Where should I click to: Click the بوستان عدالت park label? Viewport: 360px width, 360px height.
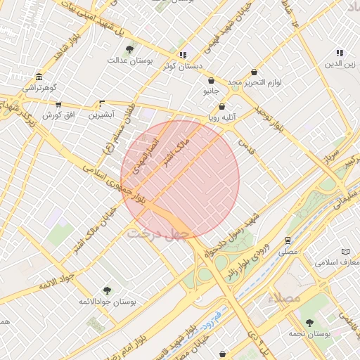pos(130,60)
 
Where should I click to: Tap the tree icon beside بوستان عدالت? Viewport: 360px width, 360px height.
pos(130,49)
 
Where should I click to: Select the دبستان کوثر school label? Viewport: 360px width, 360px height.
pos(183,66)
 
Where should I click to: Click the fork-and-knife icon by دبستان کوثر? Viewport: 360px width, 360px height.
pos(183,55)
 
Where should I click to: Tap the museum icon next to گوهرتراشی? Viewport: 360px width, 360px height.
pos(38,77)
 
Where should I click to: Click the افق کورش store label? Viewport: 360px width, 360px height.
pos(60,114)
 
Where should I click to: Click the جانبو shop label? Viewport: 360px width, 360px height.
pos(212,91)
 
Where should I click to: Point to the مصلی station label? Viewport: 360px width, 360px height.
pos(288,251)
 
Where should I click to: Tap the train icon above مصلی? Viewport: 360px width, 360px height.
pos(288,240)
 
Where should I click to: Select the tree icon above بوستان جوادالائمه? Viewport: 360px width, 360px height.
pos(107,290)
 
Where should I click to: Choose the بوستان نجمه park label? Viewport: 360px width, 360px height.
pos(309,333)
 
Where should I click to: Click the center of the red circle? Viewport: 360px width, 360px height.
pos(180,179)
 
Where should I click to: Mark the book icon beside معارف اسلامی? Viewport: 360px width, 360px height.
pos(345,252)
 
